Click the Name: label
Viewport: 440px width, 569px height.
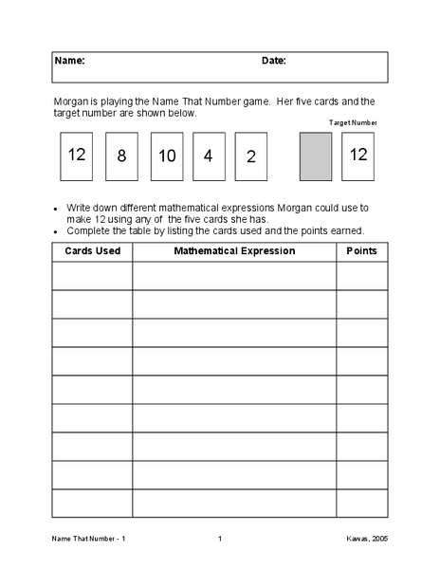(x=69, y=61)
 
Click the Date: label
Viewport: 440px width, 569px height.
(x=274, y=61)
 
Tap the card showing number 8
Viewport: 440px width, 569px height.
(x=121, y=156)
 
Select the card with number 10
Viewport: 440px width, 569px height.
(x=166, y=156)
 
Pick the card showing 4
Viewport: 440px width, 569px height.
(x=209, y=156)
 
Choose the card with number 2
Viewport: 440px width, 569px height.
(x=251, y=156)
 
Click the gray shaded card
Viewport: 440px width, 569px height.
(x=316, y=156)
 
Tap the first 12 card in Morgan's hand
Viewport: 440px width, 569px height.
(x=77, y=156)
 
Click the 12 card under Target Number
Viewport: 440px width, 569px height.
(x=358, y=156)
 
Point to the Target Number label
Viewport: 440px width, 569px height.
(x=353, y=123)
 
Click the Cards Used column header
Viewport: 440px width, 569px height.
(x=92, y=251)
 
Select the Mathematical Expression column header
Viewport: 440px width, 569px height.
(x=234, y=251)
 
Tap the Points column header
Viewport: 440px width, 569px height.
(x=361, y=251)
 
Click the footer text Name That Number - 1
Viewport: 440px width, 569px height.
(x=88, y=540)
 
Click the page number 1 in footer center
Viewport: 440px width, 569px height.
(x=219, y=540)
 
